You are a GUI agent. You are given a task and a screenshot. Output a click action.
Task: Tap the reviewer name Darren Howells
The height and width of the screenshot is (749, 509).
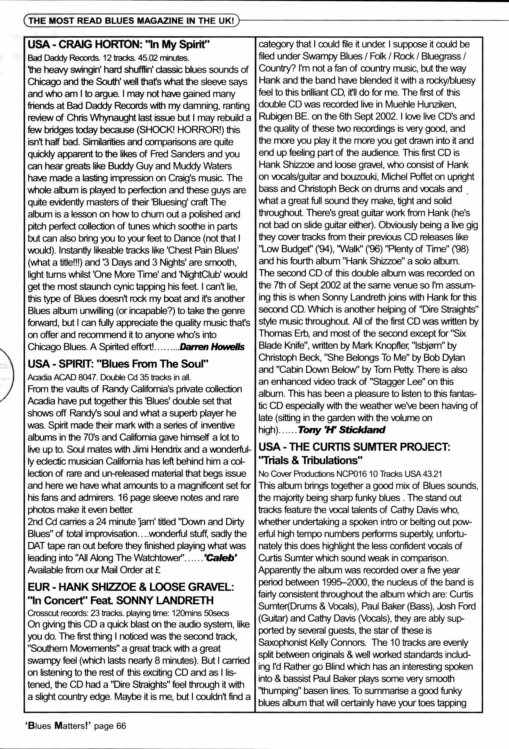click(212, 347)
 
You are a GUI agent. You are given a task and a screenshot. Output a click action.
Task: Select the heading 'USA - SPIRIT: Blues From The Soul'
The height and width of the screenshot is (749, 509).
click(118, 364)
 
